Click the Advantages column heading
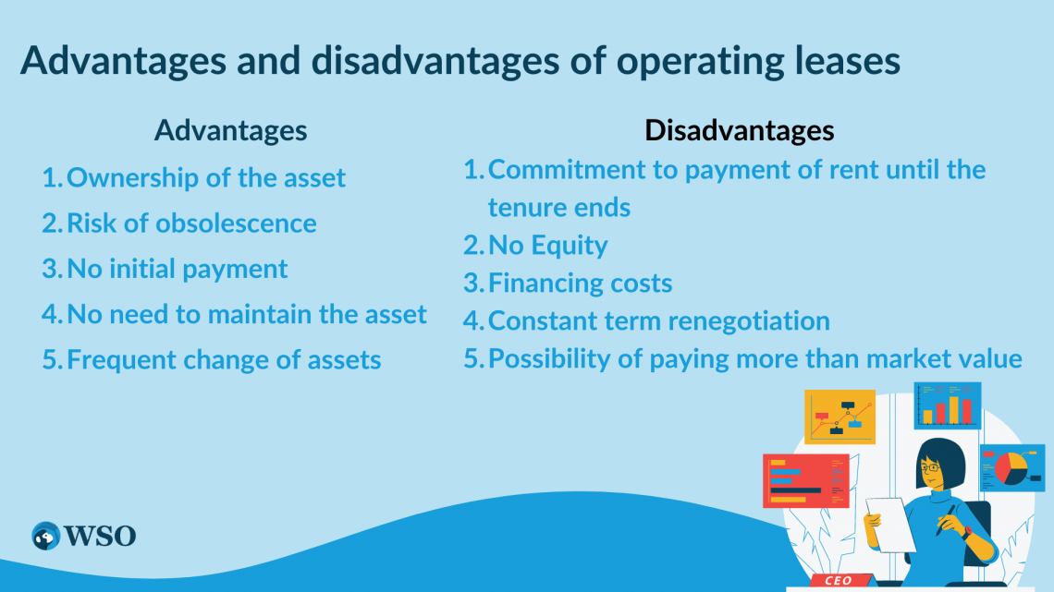coord(230,130)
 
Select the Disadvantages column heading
coord(739,130)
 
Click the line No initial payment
coord(178,269)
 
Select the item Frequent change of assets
coord(224,359)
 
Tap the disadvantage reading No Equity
coord(547,246)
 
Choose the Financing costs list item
coord(580,283)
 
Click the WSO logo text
coord(99,535)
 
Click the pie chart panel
coord(1011,466)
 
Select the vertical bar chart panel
coord(948,406)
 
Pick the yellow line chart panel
coord(840,417)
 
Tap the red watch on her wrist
coord(965,532)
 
